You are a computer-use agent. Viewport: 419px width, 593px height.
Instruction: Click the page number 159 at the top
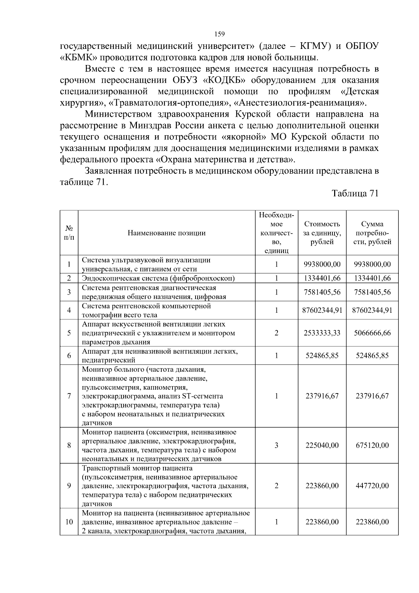(219, 34)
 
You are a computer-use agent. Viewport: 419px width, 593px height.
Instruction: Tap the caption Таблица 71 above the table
(355, 194)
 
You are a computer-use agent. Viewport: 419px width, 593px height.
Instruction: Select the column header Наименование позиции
(166, 233)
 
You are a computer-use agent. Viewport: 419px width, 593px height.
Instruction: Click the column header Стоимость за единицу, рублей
(322, 233)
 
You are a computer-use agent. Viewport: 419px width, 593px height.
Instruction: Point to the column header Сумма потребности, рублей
(372, 233)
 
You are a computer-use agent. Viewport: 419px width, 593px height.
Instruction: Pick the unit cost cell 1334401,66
(322, 279)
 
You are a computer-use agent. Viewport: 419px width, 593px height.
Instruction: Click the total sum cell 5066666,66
(372, 333)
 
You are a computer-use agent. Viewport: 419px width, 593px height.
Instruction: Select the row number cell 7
(69, 396)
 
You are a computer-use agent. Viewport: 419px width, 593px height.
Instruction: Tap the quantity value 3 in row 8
(277, 446)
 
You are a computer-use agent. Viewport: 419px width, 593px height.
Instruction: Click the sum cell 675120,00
(372, 446)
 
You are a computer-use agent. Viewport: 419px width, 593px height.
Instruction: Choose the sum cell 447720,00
(372, 486)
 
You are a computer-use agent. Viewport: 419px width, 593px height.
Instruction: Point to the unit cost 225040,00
(322, 446)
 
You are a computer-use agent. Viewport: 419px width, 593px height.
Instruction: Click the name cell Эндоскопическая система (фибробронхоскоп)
(158, 279)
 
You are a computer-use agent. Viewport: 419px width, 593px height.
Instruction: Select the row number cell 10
(69, 522)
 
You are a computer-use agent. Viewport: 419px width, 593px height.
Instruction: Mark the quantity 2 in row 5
(277, 333)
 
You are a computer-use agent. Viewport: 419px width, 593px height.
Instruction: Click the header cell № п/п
(69, 233)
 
